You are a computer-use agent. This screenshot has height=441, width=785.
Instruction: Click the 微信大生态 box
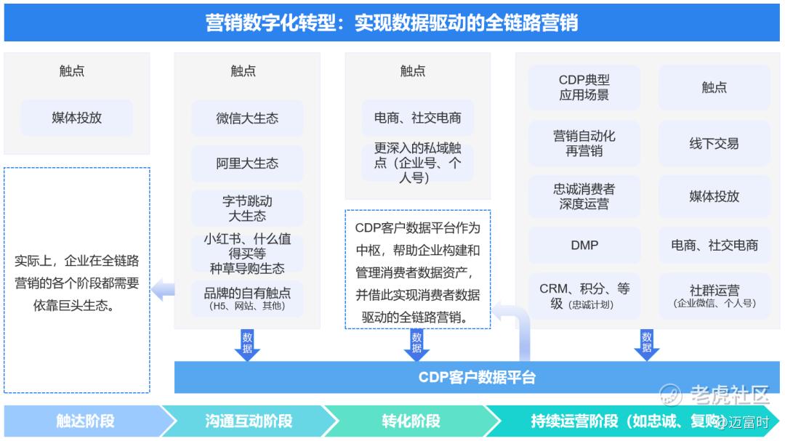pos(247,118)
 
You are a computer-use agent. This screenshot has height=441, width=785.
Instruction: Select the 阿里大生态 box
pos(247,163)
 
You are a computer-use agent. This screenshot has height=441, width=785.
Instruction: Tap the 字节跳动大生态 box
pos(247,209)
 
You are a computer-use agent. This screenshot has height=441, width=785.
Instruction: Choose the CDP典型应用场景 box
pos(584,88)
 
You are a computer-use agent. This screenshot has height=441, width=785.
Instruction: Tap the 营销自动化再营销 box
pos(584,143)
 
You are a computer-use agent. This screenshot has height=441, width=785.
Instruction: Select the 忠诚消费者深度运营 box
pos(584,196)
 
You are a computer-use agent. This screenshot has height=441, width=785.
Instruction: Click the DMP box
pos(584,246)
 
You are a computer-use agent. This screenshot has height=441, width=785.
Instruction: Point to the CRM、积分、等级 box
pos(584,296)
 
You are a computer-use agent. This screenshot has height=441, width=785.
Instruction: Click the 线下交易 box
pos(714,144)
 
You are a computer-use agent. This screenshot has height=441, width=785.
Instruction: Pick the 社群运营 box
pos(714,296)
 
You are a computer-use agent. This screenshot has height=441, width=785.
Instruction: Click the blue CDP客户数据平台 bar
pos(477,378)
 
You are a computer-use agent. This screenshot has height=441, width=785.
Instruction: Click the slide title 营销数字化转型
pos(392,24)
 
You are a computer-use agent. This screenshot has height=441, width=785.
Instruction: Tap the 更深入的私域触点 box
pos(417,163)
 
